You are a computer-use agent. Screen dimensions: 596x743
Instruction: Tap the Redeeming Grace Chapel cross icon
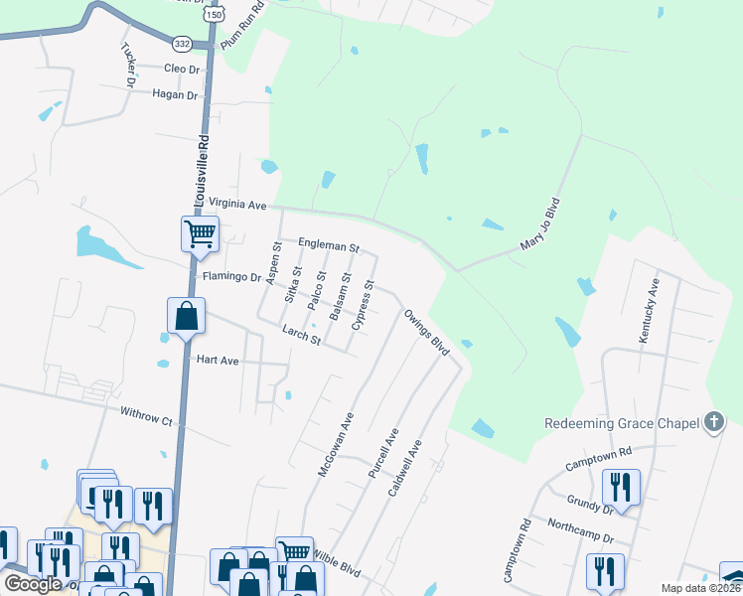click(x=712, y=422)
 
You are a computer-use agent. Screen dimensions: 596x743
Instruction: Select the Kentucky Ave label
click(x=653, y=312)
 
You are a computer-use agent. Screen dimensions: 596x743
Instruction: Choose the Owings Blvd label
click(x=427, y=332)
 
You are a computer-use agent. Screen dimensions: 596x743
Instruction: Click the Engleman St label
click(x=329, y=244)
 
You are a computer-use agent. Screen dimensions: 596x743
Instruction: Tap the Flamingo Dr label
click(x=230, y=277)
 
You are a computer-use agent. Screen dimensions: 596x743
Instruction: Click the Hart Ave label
click(x=217, y=361)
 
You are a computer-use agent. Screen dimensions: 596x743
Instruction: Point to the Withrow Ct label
click(x=146, y=416)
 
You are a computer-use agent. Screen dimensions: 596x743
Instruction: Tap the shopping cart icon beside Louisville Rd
click(x=200, y=234)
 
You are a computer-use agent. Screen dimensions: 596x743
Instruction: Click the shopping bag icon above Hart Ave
click(x=187, y=317)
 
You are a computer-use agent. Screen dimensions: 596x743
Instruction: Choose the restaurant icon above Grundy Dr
click(x=621, y=488)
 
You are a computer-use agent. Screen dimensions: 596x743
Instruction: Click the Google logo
click(x=33, y=584)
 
